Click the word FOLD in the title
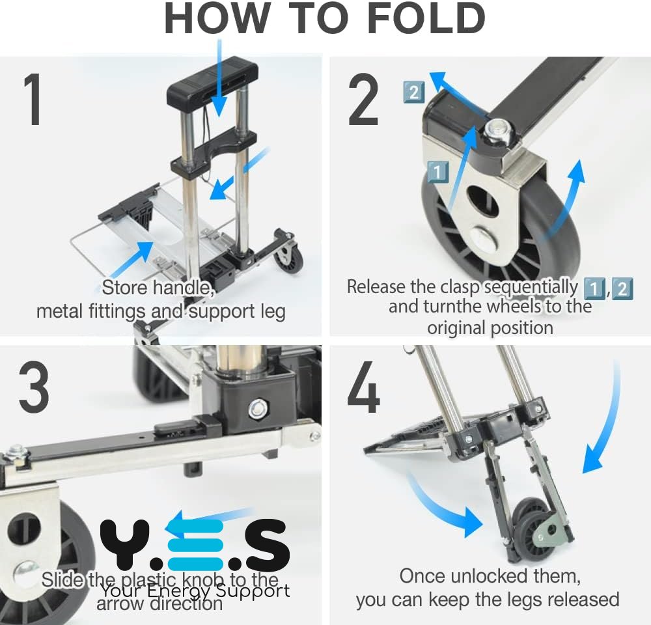426,18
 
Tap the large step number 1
33,99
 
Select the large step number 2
363,99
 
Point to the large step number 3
34,386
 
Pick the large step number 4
363,387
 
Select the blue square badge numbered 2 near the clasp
414,92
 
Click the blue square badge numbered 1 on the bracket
437,171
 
